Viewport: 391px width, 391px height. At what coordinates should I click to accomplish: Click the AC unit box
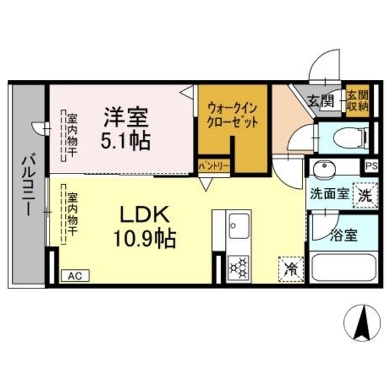point(75,276)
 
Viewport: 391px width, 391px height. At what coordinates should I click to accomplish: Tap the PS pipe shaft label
point(371,166)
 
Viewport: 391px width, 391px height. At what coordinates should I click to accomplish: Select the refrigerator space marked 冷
point(291,269)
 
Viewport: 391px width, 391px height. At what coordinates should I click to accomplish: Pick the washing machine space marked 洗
point(365,195)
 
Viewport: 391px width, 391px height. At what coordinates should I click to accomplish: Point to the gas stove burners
point(238,268)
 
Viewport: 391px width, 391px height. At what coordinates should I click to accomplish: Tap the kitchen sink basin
point(239,226)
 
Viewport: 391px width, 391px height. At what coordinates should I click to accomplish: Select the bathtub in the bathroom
point(344,267)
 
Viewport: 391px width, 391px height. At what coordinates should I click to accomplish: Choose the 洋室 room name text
point(126,117)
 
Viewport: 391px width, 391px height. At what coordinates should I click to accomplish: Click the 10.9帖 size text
point(145,239)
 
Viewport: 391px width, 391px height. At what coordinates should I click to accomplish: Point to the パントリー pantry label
point(214,166)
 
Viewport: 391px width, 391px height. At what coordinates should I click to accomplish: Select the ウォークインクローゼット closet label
point(232,115)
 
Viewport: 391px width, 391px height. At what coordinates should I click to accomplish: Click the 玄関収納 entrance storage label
point(358,101)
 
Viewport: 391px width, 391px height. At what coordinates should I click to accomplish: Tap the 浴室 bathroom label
point(343,235)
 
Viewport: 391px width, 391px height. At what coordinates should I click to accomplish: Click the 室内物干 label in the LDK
point(72,214)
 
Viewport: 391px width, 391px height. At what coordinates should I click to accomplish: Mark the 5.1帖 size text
point(125,141)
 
